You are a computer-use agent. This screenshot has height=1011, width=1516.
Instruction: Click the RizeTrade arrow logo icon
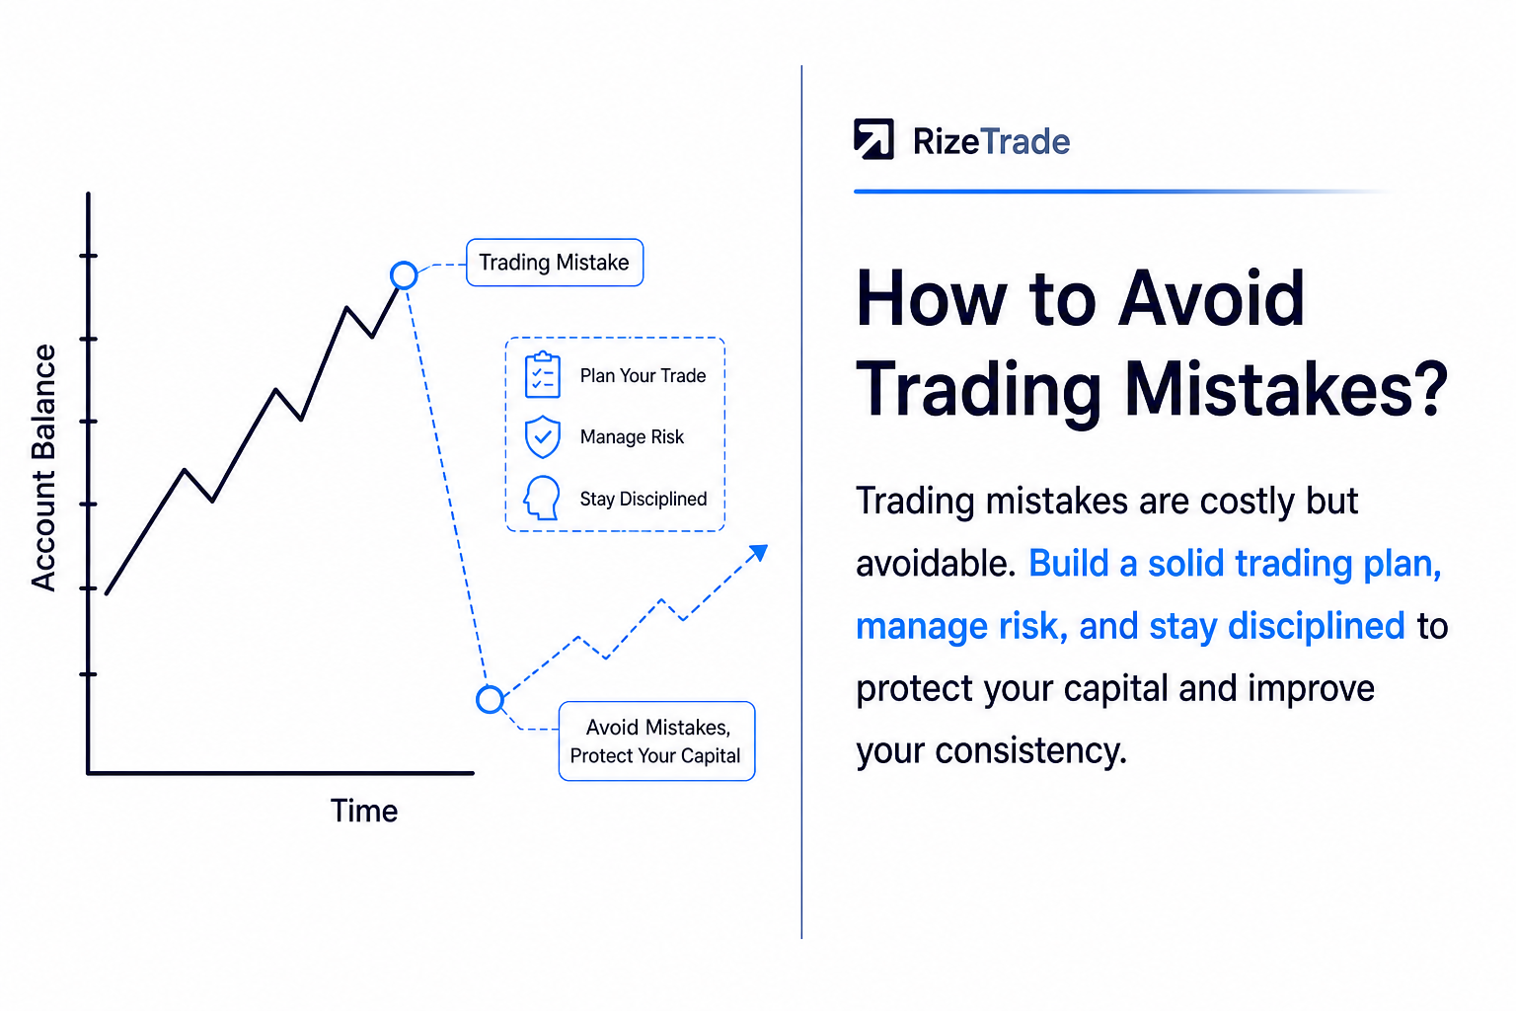pos(873,139)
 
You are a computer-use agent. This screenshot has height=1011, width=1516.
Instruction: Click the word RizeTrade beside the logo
pos(992,141)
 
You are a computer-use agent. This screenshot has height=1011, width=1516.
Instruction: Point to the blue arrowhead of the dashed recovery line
pos(759,553)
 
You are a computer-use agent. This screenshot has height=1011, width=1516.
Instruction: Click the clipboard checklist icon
pos(543,374)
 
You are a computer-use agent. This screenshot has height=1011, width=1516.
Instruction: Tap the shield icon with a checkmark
pos(543,436)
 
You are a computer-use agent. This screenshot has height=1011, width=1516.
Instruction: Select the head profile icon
pos(542,498)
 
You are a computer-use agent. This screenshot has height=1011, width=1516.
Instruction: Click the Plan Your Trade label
pos(643,376)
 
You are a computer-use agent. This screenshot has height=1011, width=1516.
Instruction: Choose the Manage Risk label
pos(632,436)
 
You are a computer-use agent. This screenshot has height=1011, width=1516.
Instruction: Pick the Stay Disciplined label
pos(644,499)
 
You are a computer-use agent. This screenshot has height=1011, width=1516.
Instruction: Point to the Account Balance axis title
pos(43,468)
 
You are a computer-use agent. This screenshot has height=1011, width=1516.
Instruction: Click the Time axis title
pos(364,811)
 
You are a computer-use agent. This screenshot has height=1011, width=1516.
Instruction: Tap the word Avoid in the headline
pos(1211,298)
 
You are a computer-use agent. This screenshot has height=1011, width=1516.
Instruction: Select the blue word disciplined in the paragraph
pos(1317,625)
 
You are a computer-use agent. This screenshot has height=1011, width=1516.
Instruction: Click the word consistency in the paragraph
pos(1030,750)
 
